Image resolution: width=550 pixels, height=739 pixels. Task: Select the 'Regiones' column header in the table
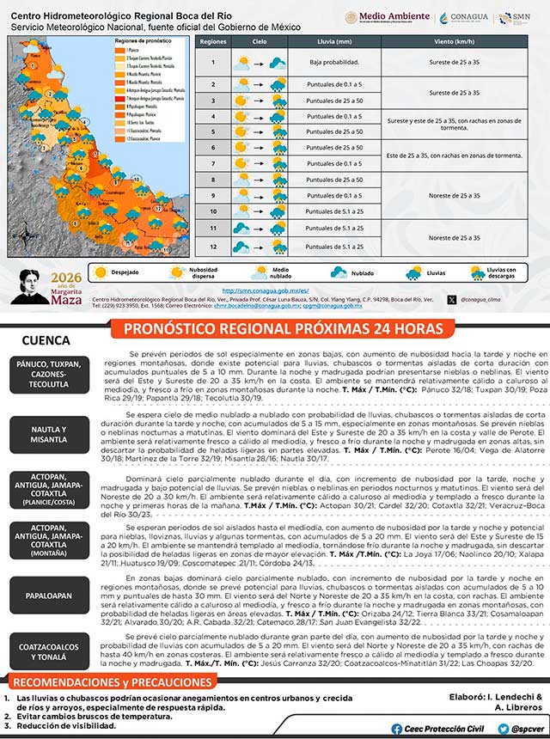pos(212,41)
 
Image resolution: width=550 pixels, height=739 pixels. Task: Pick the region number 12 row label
pos(212,246)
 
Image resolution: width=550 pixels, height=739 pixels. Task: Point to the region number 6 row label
pos(212,148)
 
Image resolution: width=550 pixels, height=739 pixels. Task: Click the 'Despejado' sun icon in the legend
pos(101,272)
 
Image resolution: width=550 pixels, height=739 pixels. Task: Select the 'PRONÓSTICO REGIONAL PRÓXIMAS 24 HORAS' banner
pos(284,329)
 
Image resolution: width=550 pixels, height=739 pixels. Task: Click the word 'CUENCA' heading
pos(46,339)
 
